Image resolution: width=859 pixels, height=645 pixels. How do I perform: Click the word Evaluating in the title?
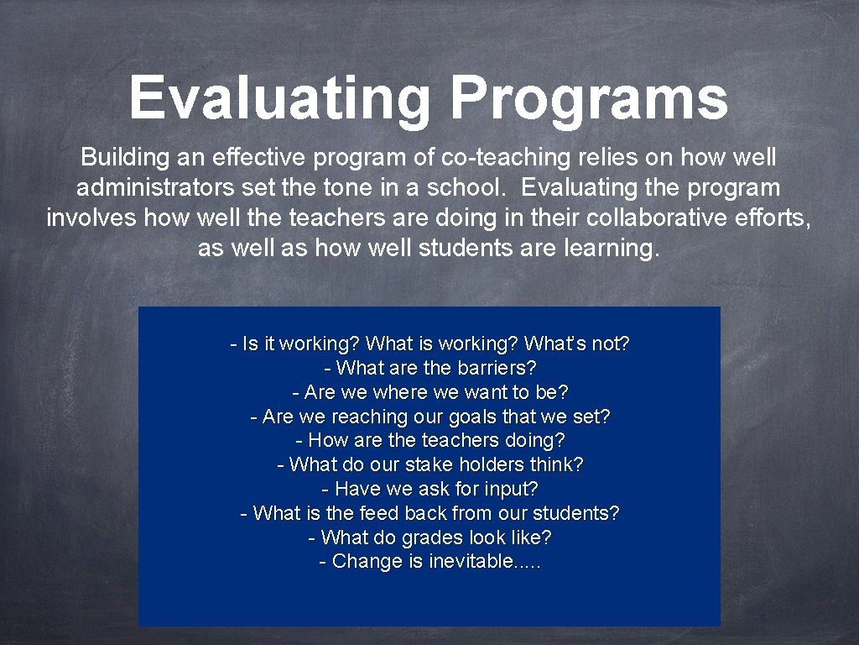coord(279,98)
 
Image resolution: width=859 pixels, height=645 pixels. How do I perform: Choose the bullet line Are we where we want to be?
coord(429,392)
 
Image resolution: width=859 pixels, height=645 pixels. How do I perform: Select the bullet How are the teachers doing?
coord(429,441)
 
